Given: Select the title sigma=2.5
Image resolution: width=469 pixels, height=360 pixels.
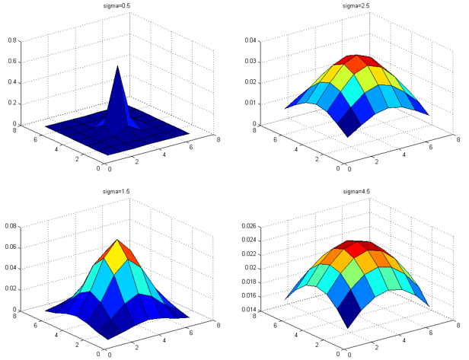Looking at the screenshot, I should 355,5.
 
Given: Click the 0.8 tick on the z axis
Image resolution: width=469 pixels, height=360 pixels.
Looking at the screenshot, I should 12,40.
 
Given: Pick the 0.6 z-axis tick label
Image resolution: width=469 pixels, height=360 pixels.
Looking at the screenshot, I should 12,61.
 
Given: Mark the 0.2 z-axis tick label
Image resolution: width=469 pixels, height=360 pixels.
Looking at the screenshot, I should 12,103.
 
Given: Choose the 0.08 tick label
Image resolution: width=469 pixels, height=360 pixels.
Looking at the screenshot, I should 11,226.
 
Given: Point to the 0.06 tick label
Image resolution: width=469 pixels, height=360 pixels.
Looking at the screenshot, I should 11,247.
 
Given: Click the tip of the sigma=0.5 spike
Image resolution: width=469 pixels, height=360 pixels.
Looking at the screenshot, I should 117,66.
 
